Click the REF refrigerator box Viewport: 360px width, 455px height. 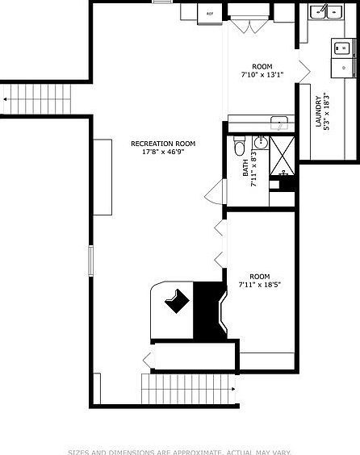pos(210,14)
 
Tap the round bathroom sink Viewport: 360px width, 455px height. pos(261,144)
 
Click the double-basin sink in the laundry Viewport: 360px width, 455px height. pos(326,11)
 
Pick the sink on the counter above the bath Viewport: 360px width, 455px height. pos(278,123)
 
